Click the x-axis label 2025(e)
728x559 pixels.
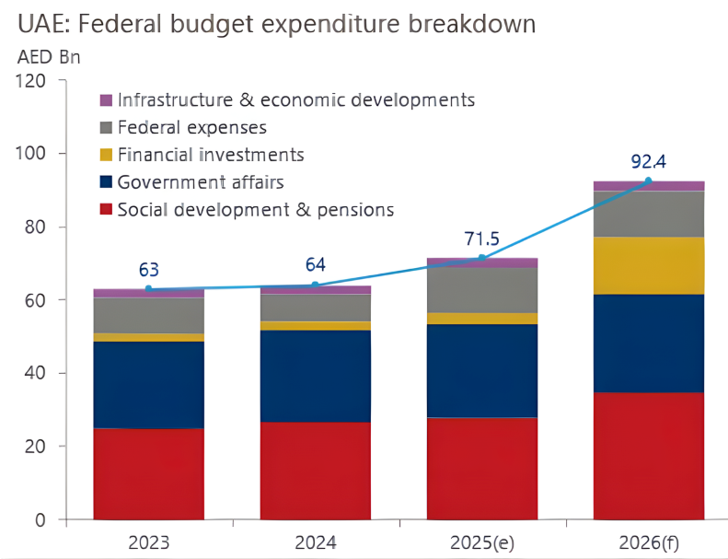tap(481, 541)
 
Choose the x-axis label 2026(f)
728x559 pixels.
tap(648, 541)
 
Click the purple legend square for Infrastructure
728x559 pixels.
tap(105, 100)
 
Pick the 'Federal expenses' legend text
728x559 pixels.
tap(191, 127)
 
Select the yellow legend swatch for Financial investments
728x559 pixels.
tap(105, 155)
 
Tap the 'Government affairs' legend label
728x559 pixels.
tap(201, 181)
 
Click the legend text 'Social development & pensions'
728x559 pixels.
tap(256, 209)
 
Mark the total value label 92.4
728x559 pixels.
tap(648, 163)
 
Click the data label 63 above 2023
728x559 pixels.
tap(148, 271)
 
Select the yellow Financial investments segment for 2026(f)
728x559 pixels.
tap(648, 265)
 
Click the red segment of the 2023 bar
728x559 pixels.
tap(148, 473)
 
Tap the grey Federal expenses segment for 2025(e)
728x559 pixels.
tap(481, 290)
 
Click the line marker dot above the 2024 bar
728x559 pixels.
tap(315, 285)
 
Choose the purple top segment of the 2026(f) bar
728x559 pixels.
tap(648, 186)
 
